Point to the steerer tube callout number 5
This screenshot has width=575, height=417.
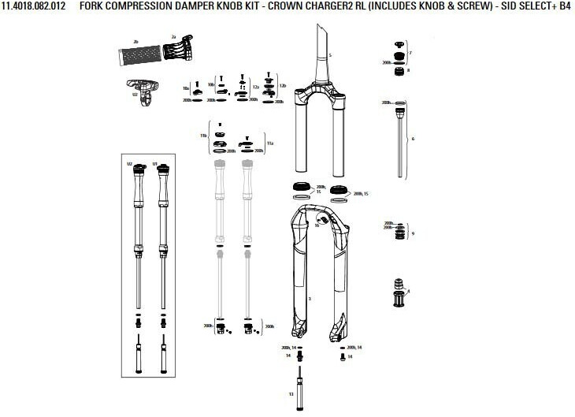click(x=331, y=55)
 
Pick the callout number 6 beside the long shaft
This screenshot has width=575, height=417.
click(x=412, y=138)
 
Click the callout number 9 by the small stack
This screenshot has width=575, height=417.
click(x=412, y=233)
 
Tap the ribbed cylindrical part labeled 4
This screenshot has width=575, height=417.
click(x=399, y=296)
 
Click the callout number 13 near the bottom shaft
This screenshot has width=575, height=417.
click(x=291, y=393)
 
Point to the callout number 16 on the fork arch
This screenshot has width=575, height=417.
click(x=316, y=225)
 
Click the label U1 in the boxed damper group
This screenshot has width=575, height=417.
click(x=155, y=163)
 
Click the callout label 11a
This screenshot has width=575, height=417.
click(x=269, y=144)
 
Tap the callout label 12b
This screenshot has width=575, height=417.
click(x=283, y=84)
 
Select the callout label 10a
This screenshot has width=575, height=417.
click(x=185, y=88)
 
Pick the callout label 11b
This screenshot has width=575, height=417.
click(x=203, y=136)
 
